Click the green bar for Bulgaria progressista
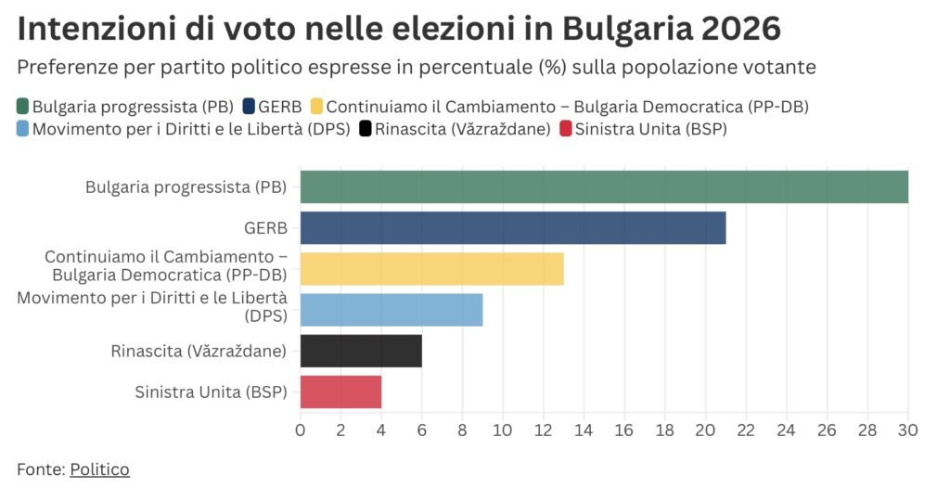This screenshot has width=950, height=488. click(x=604, y=187)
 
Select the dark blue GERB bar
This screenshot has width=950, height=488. click(x=513, y=228)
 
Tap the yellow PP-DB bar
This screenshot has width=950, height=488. click(x=431, y=268)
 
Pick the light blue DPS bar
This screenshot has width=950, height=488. click(x=392, y=309)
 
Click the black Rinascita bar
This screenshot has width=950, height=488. click(x=361, y=351)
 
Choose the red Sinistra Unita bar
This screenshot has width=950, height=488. click(x=340, y=392)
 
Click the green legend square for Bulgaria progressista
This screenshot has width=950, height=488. click(x=23, y=106)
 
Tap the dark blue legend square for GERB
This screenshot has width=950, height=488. click(x=249, y=106)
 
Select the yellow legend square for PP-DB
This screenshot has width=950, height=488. click(x=316, y=106)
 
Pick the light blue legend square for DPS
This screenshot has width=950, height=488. click(x=23, y=129)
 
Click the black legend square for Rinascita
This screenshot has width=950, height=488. click(x=366, y=129)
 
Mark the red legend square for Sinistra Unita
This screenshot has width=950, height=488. click(x=565, y=129)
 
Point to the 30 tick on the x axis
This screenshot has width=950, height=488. click(x=907, y=430)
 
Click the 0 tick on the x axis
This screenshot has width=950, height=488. click(x=300, y=430)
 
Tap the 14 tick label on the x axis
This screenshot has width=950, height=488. click(x=584, y=430)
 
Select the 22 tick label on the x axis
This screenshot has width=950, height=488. click(x=745, y=430)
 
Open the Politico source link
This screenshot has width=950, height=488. click(x=99, y=469)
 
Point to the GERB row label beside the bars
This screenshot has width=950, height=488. click(x=265, y=228)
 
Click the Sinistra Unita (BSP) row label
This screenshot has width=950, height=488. click(x=211, y=392)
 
